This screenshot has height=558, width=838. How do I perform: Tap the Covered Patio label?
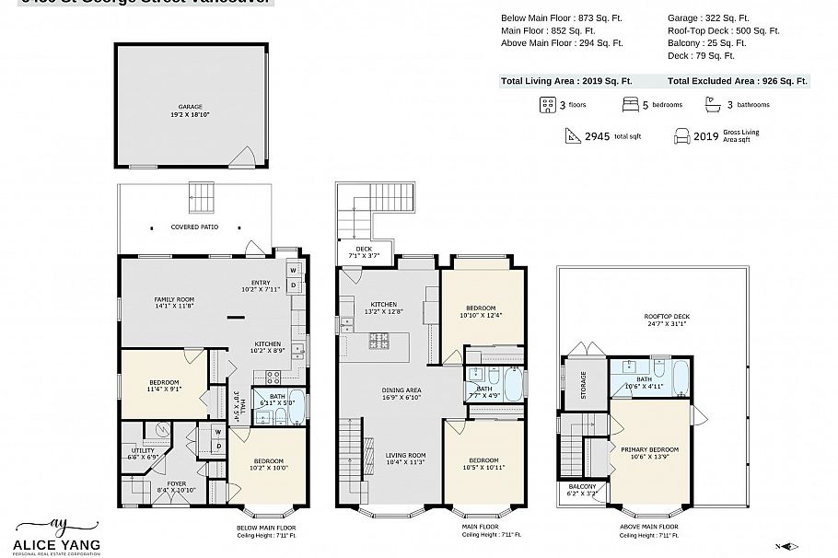(x=194, y=227)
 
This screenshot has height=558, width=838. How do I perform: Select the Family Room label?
(x=172, y=300)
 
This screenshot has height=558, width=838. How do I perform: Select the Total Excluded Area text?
(x=737, y=81)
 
